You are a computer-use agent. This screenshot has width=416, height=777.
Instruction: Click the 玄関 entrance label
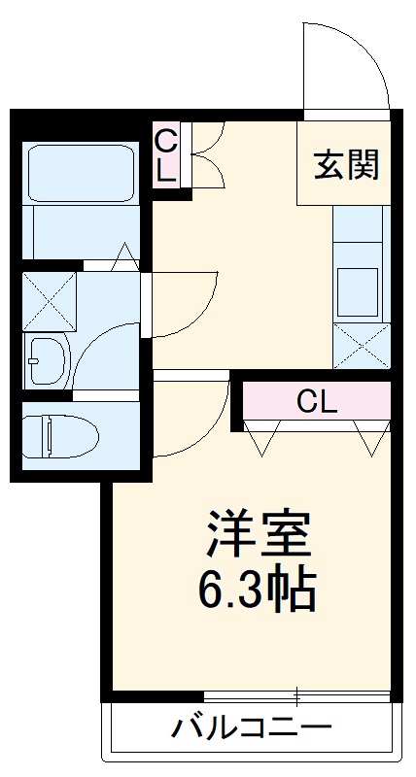click(x=345, y=166)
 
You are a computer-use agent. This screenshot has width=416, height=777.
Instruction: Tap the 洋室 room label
click(x=257, y=533)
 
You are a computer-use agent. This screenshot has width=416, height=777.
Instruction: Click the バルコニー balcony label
click(x=252, y=727)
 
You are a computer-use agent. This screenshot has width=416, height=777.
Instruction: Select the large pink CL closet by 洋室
click(x=317, y=400)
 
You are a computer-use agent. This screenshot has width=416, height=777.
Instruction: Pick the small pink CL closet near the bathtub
click(x=166, y=155)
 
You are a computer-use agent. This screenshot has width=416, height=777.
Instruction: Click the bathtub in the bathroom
click(x=80, y=175)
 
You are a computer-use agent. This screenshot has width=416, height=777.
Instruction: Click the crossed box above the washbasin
click(x=50, y=302)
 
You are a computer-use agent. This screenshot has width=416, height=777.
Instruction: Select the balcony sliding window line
click(x=296, y=695)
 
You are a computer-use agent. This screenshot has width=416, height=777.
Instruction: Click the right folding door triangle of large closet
click(x=370, y=439)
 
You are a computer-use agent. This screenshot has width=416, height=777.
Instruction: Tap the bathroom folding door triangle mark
click(x=126, y=257)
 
